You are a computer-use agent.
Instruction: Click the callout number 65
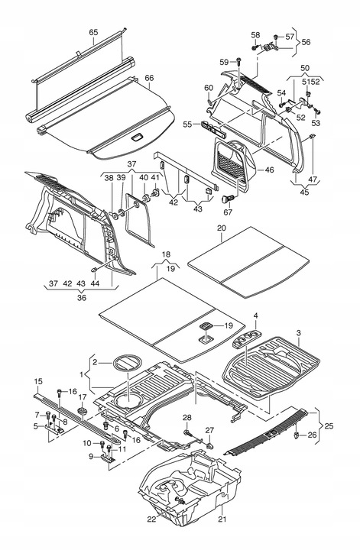click(93, 32)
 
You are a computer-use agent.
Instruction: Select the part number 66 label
click(149, 78)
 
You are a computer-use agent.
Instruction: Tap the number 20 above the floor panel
click(221, 228)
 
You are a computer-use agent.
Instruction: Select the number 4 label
click(256, 315)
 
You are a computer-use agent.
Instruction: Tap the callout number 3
click(298, 334)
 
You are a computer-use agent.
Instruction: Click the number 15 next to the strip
click(39, 381)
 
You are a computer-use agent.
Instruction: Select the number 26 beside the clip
click(311, 436)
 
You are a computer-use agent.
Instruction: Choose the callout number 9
click(92, 457)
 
